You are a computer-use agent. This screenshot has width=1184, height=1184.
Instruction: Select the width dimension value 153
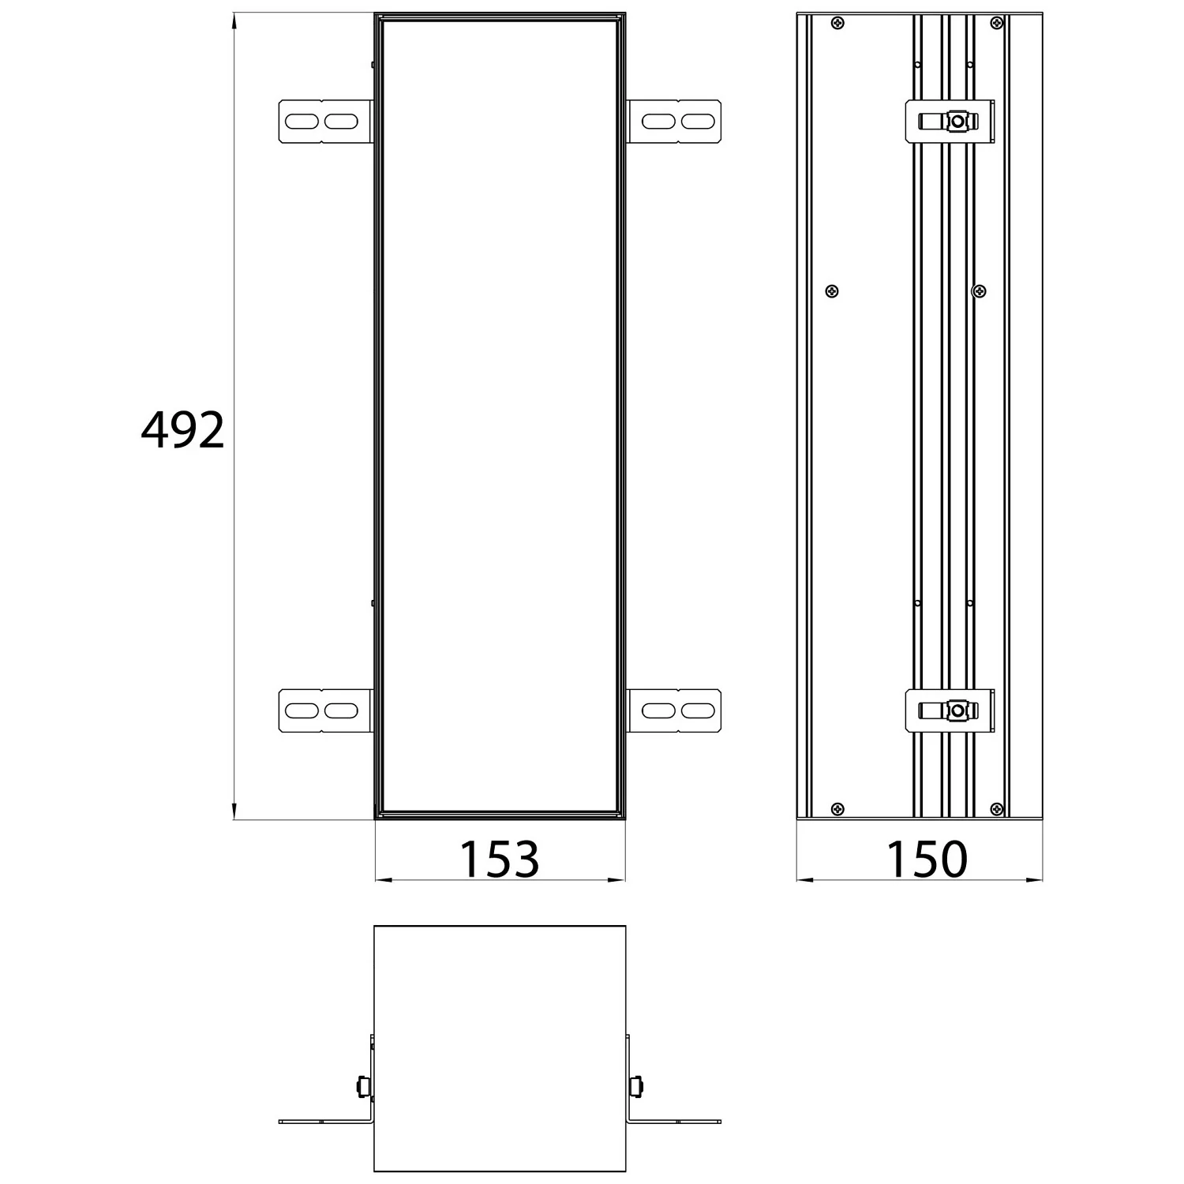coord(499,859)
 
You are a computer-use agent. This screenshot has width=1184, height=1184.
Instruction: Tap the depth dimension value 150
coord(927,859)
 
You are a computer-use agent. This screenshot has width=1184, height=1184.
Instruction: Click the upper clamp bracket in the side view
coord(950,122)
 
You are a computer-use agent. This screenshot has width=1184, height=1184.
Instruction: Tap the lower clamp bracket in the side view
coord(950,710)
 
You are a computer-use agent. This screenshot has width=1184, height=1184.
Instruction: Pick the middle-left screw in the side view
coord(831,291)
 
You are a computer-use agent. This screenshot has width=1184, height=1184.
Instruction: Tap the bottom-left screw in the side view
coord(837,809)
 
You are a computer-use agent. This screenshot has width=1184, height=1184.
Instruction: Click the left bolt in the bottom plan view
coord(363,1086)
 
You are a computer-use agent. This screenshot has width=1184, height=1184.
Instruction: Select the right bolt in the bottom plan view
coord(636,1086)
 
